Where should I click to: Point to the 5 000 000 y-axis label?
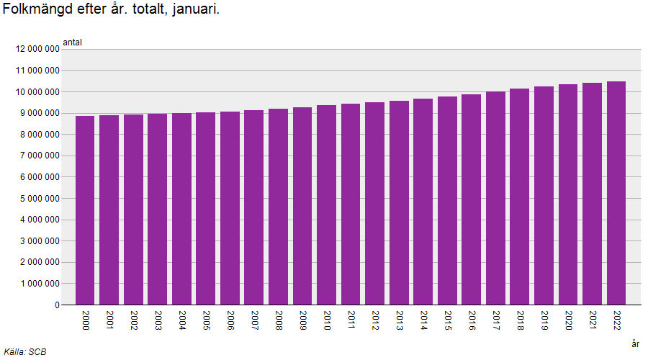[x=37, y=198]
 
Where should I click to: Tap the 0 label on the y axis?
[x=56, y=305]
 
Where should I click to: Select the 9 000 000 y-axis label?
[x=37, y=113]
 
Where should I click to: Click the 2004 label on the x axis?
[x=182, y=320]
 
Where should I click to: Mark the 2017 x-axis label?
[x=496, y=320]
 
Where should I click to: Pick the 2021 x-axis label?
[x=593, y=320]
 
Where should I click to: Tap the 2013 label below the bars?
[x=400, y=320]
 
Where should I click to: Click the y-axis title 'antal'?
[x=73, y=42]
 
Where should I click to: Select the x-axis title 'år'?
[x=635, y=344]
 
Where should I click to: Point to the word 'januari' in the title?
[x=195, y=11]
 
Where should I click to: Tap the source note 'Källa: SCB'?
[x=25, y=352]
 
